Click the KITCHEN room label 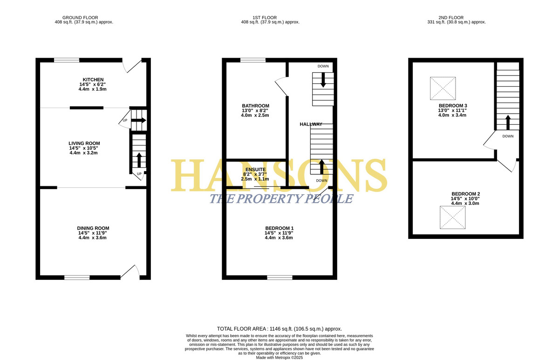point(93,80)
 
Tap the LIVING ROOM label point(84,143)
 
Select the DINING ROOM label point(93,228)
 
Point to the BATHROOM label point(256,106)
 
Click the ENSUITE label point(256,170)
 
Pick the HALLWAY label point(311,124)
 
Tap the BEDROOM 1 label point(279,228)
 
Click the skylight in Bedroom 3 point(443,88)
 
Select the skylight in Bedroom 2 point(452,217)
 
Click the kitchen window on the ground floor point(67,60)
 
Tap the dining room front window point(77,278)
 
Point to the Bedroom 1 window point(280,278)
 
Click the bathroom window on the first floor point(253,60)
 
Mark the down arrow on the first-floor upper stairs point(323,80)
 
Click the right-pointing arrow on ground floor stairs point(138,120)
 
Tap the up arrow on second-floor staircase point(508,122)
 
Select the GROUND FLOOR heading point(80,17)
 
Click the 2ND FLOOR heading point(451,17)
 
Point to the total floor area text point(279,329)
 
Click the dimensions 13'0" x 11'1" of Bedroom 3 point(452,110)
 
